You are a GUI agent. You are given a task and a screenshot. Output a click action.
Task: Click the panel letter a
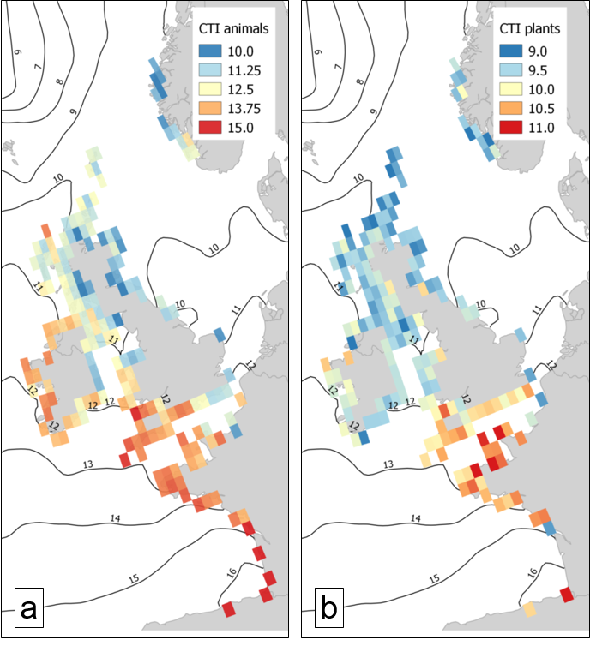tap(27, 609)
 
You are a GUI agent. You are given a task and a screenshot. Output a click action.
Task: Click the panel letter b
tap(328, 609)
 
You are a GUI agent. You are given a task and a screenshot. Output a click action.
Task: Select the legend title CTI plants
tap(530, 29)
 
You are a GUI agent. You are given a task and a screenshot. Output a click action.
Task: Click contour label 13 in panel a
tap(88, 464)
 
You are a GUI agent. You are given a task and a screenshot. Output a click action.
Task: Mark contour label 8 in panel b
tap(355, 82)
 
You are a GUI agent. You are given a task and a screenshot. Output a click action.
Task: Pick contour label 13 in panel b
tap(388, 464)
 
